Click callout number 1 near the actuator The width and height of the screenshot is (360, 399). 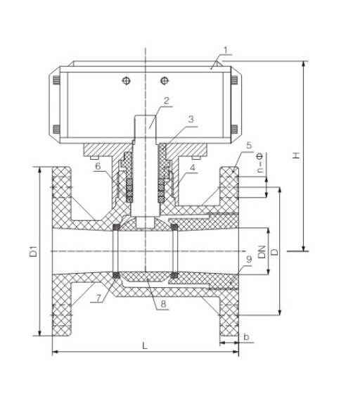pos(226,50)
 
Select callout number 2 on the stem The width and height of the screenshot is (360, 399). pos(166,101)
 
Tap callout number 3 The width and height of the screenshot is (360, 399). pos(191,119)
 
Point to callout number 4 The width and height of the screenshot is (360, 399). pos(193,167)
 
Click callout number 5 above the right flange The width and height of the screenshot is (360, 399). pos(249,145)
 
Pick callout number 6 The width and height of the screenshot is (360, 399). pos(98,166)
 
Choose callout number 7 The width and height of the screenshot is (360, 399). pos(98,298)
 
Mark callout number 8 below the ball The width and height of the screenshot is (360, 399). pos(163,303)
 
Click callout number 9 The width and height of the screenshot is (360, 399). pos(249,259)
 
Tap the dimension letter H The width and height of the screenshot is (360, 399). pos(296,156)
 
